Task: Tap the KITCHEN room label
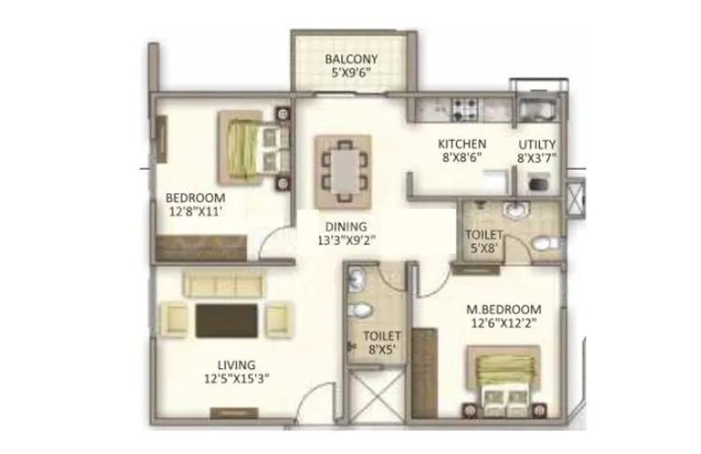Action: point(462,144)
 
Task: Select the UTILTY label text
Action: point(537,144)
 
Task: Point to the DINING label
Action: point(346,226)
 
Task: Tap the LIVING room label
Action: point(232,365)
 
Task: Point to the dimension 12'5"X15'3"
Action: point(232,379)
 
